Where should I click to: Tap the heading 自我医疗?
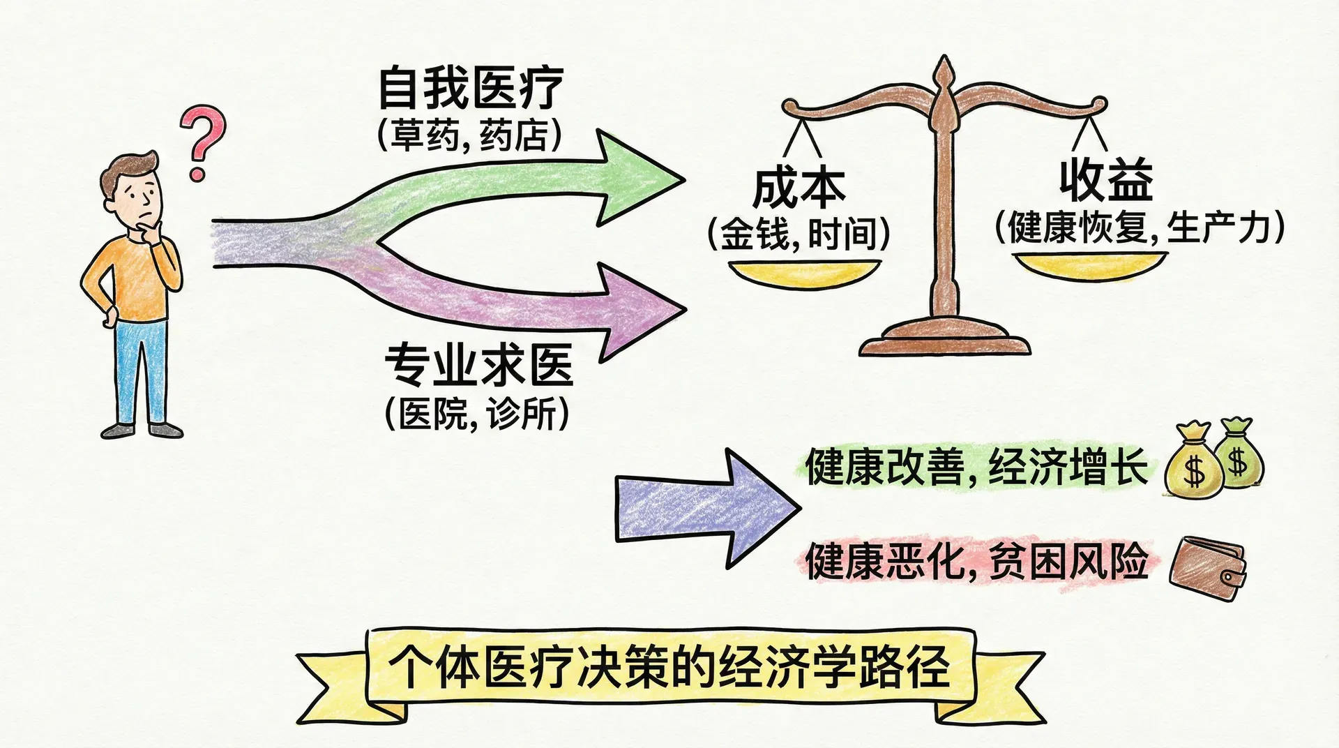(470, 89)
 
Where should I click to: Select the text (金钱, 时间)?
(799, 233)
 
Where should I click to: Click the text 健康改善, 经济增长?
(976, 467)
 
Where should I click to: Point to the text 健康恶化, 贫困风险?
(976, 561)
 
